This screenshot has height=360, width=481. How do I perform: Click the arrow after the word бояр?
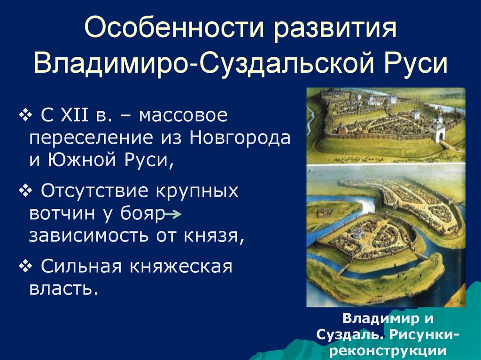click(173, 215)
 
